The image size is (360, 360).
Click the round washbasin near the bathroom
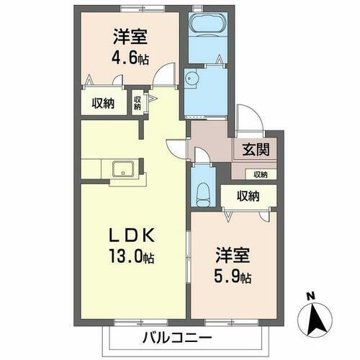[192, 79]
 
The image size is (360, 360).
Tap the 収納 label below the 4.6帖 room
[103, 102]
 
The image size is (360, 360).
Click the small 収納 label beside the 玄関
[259, 174]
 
